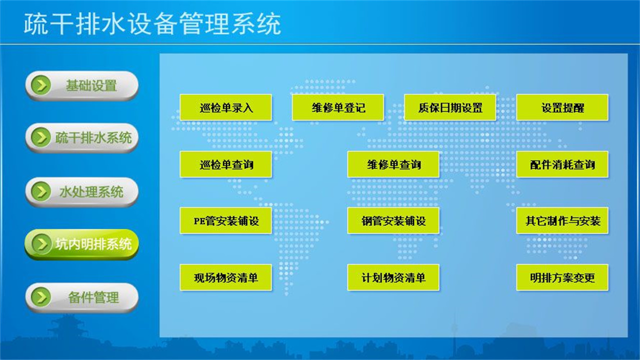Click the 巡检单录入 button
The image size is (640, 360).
click(x=225, y=107)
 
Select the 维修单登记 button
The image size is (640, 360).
click(x=337, y=107)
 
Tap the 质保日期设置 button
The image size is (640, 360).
click(x=449, y=107)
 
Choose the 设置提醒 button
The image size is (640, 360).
click(x=562, y=107)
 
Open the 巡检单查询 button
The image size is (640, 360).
click(x=225, y=164)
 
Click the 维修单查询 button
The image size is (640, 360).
click(x=393, y=164)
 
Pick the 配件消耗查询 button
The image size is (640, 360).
click(x=562, y=164)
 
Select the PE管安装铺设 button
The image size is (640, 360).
click(x=225, y=220)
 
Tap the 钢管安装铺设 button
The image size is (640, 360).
click(x=393, y=220)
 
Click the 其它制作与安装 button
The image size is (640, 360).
click(x=562, y=220)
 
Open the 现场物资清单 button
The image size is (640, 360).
click(x=225, y=277)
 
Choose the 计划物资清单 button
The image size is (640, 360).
click(x=393, y=277)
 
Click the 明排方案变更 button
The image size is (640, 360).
click(x=562, y=277)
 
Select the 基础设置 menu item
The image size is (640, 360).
click(x=81, y=85)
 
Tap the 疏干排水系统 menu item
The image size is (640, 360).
click(x=81, y=138)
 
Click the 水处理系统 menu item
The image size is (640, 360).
click(x=81, y=191)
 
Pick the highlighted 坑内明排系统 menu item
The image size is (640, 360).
click(x=81, y=244)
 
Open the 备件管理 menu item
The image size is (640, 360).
click(x=81, y=297)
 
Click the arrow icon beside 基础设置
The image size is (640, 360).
click(x=40, y=85)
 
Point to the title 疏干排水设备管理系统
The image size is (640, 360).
click(x=152, y=24)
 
